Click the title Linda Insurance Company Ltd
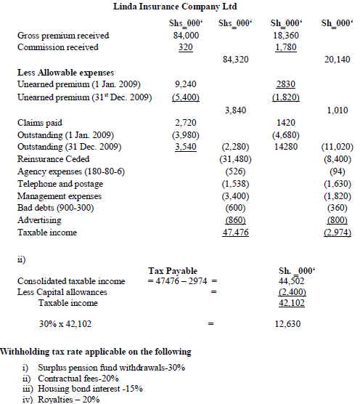pos(180,6)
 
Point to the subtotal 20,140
pos(335,60)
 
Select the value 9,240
pos(187,85)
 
